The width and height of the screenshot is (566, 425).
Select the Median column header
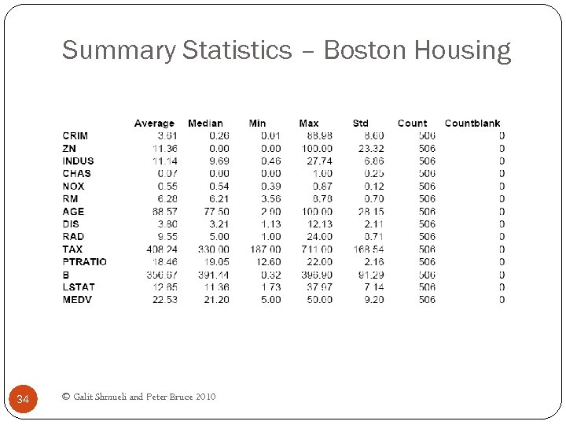click(205, 124)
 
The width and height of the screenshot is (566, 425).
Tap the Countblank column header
click(472, 124)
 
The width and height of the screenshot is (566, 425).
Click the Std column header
click(360, 124)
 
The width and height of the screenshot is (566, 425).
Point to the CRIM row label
click(75, 136)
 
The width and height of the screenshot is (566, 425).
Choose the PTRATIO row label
click(85, 262)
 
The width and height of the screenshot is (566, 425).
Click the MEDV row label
click(77, 300)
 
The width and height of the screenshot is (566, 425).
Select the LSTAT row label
click(79, 287)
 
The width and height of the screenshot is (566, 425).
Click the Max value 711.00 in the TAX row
click(317, 249)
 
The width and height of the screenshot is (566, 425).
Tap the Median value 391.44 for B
click(213, 275)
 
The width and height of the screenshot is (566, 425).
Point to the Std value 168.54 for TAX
click(369, 249)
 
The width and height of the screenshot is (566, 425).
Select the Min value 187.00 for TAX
click(265, 249)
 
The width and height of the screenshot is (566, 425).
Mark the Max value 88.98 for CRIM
click(319, 136)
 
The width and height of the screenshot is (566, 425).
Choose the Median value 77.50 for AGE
click(215, 212)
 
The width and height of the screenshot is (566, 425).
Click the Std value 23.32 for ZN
click(371, 149)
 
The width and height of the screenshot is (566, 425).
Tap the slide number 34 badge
click(23, 400)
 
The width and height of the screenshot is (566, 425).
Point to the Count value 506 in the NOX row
click(427, 187)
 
